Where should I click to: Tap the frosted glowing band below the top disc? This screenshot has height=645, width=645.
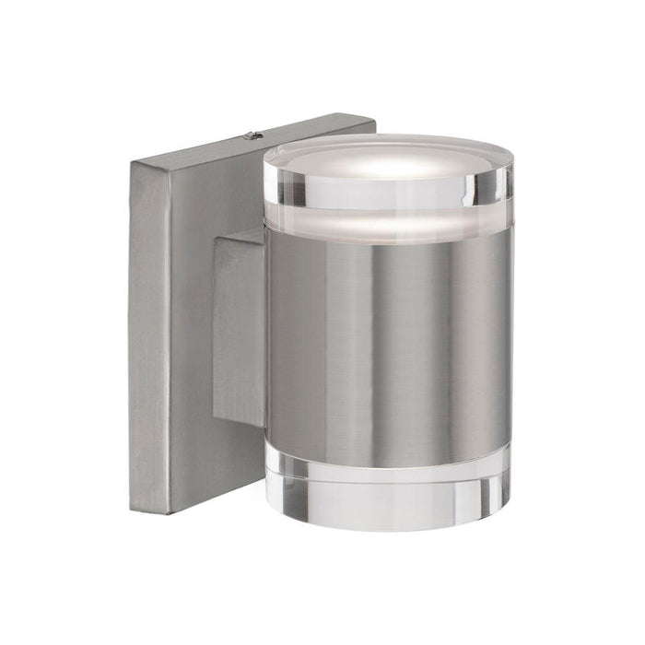[387, 225]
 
